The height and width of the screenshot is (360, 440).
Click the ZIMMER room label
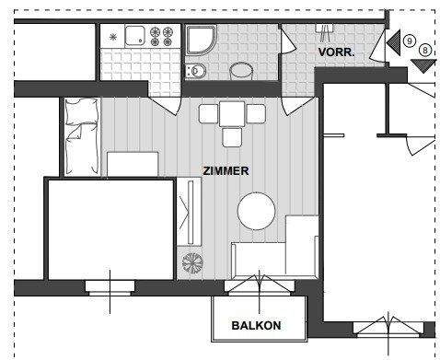(x=226, y=171)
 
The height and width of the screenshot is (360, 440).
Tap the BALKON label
(x=256, y=325)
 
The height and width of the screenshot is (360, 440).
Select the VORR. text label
(x=336, y=52)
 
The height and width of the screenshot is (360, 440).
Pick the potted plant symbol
(x=192, y=261)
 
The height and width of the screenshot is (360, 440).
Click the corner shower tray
(x=200, y=41)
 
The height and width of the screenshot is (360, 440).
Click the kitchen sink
(x=135, y=37)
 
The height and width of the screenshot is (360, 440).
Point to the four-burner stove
(x=166, y=37)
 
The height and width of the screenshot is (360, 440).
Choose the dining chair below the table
(x=232, y=136)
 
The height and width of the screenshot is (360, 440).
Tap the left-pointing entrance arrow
(x=393, y=41)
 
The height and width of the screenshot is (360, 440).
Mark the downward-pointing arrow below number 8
(x=423, y=64)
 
